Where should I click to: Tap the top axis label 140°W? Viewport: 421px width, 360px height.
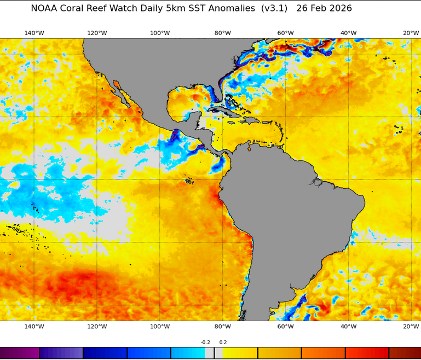pyautogui.click(x=34, y=33)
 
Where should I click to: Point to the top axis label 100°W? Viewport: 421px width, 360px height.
pyautogui.click(x=160, y=33)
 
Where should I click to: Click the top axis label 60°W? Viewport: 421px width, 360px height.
pyautogui.click(x=285, y=33)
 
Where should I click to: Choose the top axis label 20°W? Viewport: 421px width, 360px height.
pyautogui.click(x=411, y=33)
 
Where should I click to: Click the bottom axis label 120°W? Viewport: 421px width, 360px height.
pyautogui.click(x=97, y=327)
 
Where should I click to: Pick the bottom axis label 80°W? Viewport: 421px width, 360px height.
pyautogui.click(x=223, y=327)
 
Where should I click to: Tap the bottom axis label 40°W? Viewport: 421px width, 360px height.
pyautogui.click(x=348, y=327)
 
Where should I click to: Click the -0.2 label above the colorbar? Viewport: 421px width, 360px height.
pyautogui.click(x=205, y=342)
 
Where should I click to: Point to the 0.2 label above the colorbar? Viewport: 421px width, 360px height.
pyautogui.click(x=223, y=342)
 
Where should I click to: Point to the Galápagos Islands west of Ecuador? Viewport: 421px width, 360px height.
pyautogui.click(x=189, y=180)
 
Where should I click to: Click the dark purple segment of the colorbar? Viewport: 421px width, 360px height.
pyautogui.click(x=20, y=353)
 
